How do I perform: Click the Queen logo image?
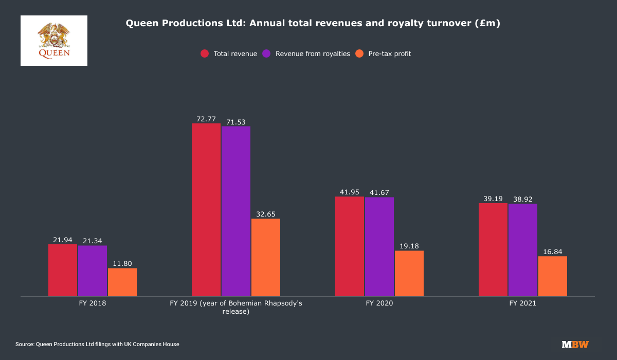(54, 41)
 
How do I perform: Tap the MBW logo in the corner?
(575, 345)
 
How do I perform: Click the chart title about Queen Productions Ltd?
(313, 24)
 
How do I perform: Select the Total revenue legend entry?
(229, 53)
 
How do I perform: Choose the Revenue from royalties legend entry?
(306, 53)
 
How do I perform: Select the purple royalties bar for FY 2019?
(236, 211)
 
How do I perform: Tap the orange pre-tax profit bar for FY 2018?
(122, 282)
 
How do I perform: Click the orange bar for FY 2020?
(409, 273)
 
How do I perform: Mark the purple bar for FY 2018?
(93, 271)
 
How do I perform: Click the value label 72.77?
(206, 119)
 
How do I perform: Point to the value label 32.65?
(266, 214)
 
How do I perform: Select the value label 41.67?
(379, 192)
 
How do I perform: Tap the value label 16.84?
(553, 251)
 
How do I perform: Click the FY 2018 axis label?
(93, 303)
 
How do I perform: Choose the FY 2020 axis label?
(379, 303)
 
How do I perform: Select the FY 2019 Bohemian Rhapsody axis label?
(236, 307)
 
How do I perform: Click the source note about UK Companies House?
(97, 344)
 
